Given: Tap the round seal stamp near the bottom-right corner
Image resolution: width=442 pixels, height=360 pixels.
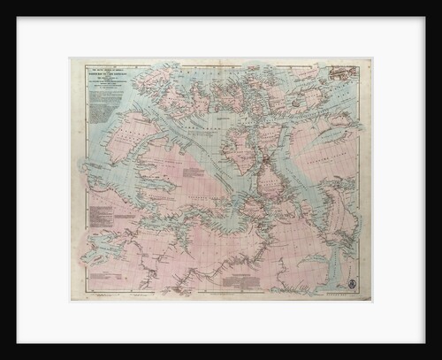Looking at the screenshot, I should (351, 285).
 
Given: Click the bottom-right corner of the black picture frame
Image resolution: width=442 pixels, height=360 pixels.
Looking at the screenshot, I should (440, 358).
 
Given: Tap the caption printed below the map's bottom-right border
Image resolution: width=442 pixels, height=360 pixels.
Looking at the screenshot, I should (350, 299).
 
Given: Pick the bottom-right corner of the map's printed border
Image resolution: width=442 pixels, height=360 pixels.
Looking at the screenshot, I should (369, 296).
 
